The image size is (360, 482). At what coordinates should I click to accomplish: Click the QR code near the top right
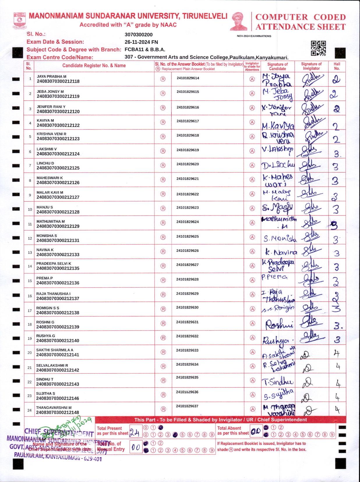coord(318,48)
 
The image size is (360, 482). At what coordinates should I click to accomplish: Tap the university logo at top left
coord(20,20)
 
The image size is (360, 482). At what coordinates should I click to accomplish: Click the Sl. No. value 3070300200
coord(138,35)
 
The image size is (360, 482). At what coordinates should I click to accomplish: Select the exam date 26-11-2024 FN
coord(141,42)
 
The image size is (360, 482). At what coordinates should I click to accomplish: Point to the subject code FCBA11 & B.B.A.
coord(145,50)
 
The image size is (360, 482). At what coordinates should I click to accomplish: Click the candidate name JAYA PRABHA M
coord(52,76)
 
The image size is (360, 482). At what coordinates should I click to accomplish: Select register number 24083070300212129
coord(58,226)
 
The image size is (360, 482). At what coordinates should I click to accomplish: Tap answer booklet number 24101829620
coord(188,164)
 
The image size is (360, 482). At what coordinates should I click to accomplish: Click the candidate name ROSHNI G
coord(45,322)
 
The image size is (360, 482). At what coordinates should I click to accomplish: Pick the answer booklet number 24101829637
coord(187,406)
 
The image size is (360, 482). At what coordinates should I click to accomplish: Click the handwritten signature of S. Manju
coord(278,208)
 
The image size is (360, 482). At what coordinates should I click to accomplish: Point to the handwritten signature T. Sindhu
coord(278,381)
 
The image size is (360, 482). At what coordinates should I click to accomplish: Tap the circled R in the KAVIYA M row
coord(163,122)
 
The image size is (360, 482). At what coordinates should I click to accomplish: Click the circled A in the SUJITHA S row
coord(253,395)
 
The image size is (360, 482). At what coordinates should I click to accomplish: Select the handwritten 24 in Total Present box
coord(134,433)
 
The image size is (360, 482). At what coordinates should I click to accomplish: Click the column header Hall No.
coord(337,66)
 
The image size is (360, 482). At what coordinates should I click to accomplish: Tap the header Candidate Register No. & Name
coord(94,66)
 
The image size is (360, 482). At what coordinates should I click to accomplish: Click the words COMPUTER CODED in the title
coord(300,17)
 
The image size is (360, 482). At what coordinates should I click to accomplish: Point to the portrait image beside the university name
coord(239,21)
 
